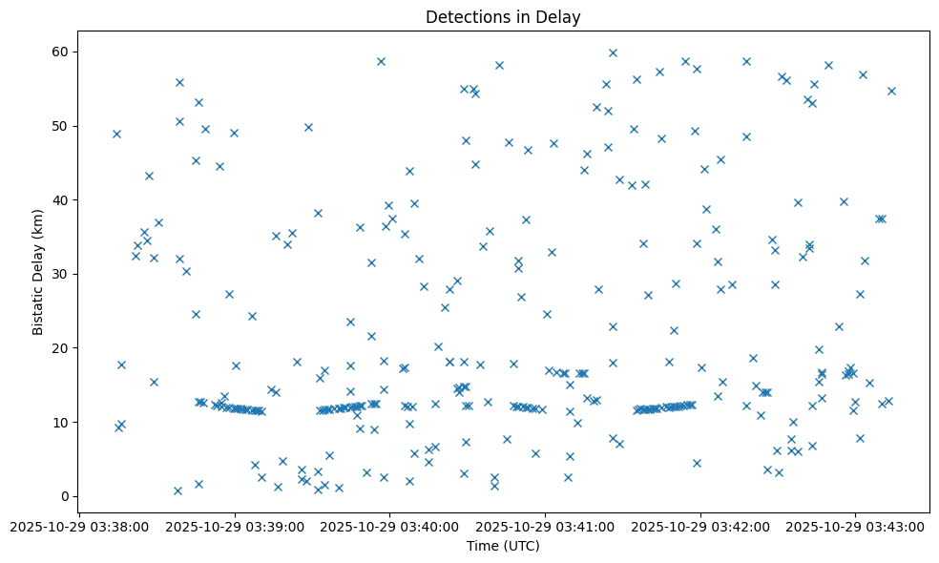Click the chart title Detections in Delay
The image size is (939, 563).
pyautogui.click(x=503, y=17)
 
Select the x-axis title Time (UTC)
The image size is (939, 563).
pyautogui.click(x=503, y=546)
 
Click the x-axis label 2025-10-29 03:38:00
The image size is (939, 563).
pyautogui.click(x=79, y=526)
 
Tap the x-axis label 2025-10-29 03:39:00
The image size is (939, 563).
pyautogui.click(x=235, y=526)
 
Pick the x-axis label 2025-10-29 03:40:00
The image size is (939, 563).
pyautogui.click(x=389, y=526)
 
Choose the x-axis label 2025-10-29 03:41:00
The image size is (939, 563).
pyautogui.click(x=545, y=526)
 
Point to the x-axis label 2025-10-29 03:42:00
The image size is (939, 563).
pyautogui.click(x=700, y=526)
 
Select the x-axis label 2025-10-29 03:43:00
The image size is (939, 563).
pyautogui.click(x=855, y=526)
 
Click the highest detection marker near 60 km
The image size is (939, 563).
pyautogui.click(x=613, y=52)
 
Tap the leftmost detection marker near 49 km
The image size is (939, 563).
pyautogui.click(x=116, y=134)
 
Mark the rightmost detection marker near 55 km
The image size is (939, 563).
pyautogui.click(x=891, y=91)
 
